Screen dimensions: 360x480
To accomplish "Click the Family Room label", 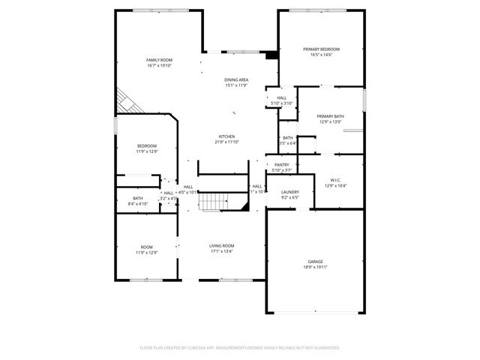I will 159,59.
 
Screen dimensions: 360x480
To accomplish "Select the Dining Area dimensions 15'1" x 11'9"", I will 236,85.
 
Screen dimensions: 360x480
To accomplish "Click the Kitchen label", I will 226,136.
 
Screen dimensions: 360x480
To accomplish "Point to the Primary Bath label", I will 330,116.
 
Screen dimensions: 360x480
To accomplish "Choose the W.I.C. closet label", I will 335,179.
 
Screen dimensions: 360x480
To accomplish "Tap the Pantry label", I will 282,164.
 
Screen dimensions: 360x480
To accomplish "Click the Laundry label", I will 290,192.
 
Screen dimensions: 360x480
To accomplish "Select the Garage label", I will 315,261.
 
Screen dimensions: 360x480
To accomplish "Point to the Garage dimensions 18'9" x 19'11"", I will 315,267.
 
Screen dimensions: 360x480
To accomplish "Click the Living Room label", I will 221,246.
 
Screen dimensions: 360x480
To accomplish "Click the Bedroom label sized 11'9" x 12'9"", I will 146,145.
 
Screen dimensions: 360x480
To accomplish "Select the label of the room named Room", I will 146,247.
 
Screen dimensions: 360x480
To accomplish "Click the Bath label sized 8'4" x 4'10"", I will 138,198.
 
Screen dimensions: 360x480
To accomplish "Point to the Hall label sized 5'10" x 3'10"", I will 282,97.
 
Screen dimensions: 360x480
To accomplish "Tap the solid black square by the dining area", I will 271,55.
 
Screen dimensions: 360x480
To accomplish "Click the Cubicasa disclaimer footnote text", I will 240,348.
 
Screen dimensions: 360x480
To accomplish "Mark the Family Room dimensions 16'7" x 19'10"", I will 159,65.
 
